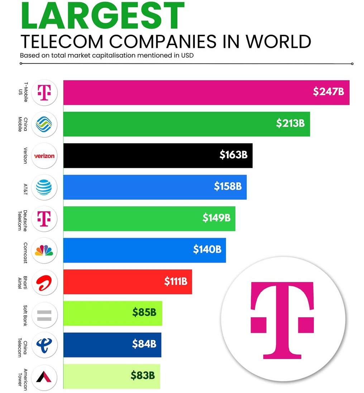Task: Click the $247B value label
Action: point(328,92)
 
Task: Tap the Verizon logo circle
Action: point(44,156)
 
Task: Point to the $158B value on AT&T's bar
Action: point(227,186)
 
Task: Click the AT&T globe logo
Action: point(44,187)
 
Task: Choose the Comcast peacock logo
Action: point(44,250)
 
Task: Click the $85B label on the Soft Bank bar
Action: point(144,312)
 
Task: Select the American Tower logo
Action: point(44,376)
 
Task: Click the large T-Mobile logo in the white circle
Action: point(282,320)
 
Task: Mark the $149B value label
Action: point(216,218)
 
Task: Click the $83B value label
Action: point(142,376)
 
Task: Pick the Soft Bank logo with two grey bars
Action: point(44,313)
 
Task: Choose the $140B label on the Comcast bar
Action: point(207,249)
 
